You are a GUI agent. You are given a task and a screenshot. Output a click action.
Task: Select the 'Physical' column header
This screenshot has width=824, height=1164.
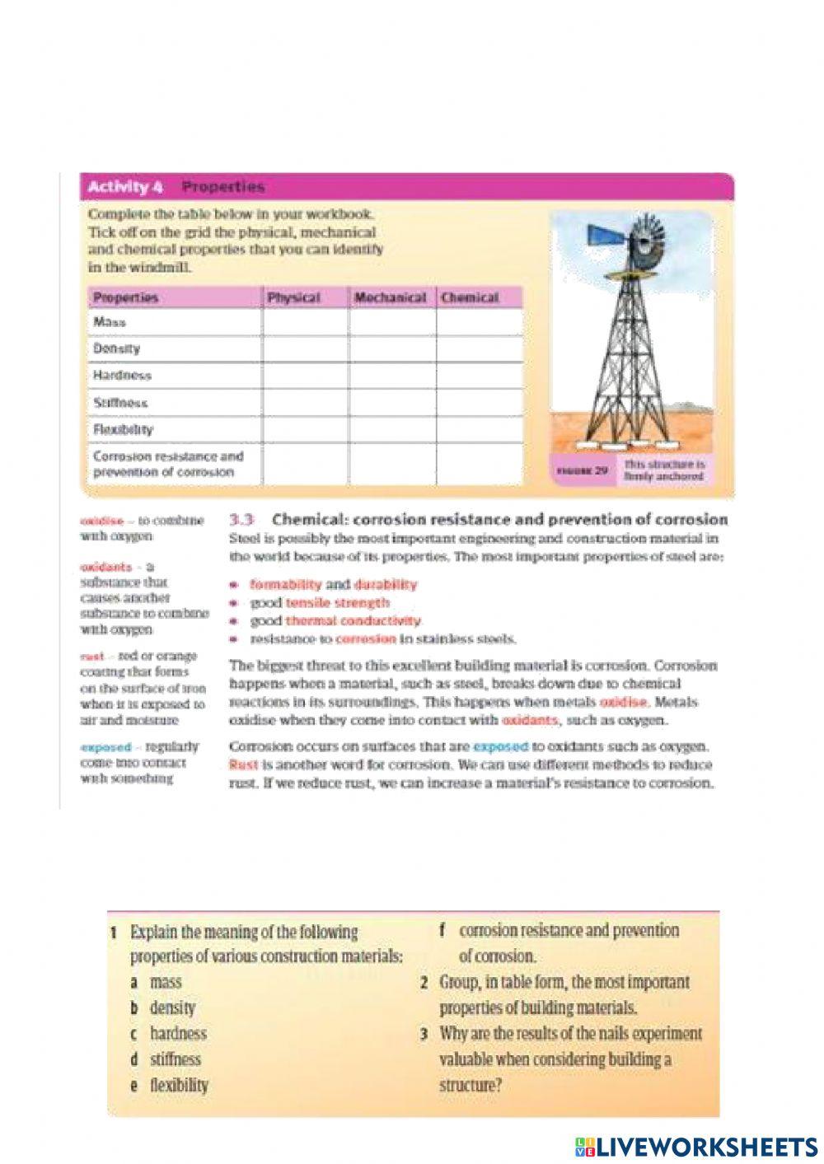pos(293,297)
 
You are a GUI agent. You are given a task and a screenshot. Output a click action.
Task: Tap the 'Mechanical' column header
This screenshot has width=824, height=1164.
pos(390,297)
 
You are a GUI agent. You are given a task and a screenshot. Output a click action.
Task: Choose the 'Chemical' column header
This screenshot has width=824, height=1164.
pos(470,297)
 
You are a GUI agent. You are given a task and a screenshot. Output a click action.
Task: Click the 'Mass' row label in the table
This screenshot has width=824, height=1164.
pos(110,322)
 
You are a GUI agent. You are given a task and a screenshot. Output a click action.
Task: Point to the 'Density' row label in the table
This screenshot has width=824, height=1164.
pos(116,348)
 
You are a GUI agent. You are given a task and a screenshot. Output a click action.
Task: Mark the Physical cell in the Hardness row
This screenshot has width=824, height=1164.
pos(306,376)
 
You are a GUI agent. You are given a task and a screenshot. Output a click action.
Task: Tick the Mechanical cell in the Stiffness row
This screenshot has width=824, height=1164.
pos(393,403)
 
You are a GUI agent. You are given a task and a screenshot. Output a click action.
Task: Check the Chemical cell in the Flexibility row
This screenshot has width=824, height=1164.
pos(480,430)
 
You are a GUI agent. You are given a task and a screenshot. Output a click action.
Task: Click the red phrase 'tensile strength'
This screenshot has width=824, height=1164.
pos(337,603)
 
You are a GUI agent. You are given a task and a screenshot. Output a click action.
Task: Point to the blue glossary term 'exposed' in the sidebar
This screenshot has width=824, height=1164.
pos(106,747)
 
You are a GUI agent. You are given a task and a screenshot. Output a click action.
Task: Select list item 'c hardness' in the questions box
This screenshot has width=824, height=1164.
pos(169,1033)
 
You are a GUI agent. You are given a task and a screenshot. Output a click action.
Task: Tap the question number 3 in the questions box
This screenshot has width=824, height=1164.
pos(424,1034)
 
